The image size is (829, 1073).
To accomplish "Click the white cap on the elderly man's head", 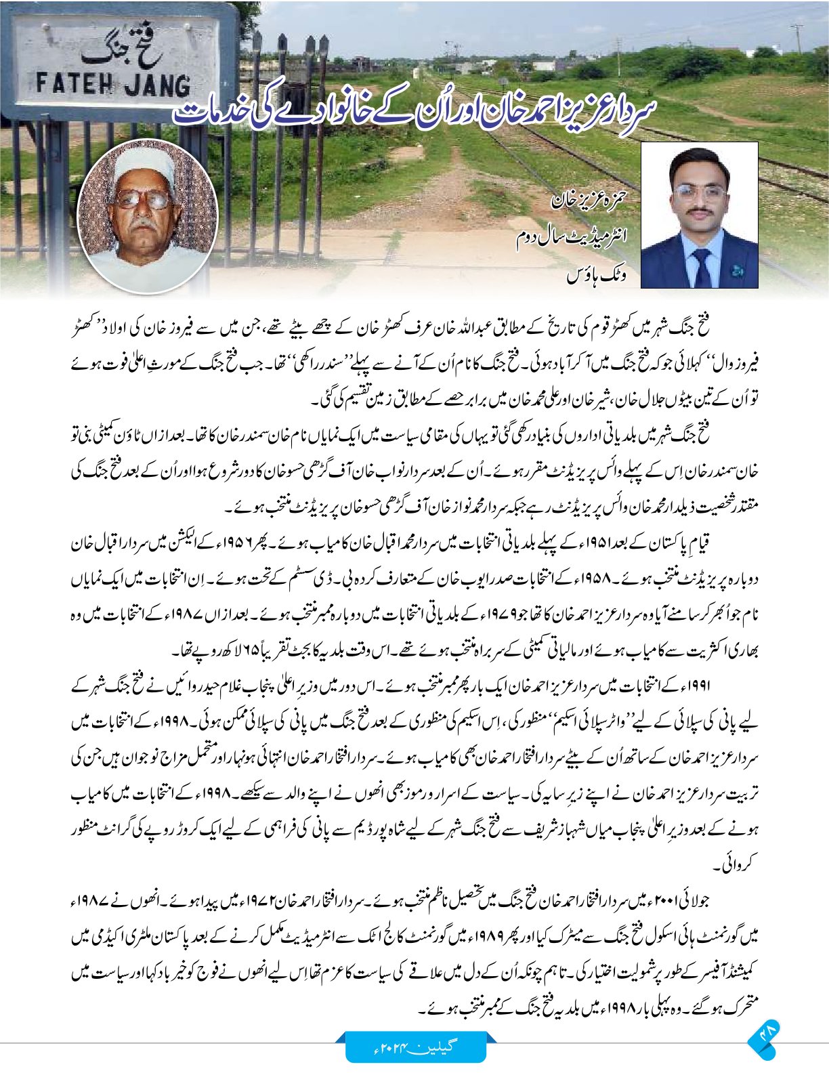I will click(x=142, y=166).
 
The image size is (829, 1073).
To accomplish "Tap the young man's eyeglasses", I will click(x=700, y=192).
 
